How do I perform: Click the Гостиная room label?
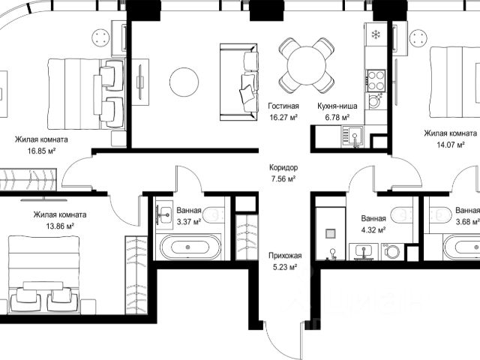[x=283, y=106]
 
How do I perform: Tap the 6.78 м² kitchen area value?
[x=337, y=117]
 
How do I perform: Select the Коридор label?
[x=283, y=167]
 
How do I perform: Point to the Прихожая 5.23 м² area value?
[x=285, y=267]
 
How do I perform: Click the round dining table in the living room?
[x=307, y=66]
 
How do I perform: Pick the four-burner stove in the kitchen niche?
[x=376, y=80]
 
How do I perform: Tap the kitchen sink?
[x=353, y=136]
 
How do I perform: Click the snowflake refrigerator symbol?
[x=376, y=34]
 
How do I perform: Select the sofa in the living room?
[x=238, y=82]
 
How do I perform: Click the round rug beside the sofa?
[x=184, y=82]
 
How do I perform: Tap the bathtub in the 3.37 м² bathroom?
[x=190, y=247]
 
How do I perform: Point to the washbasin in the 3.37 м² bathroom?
[x=164, y=214]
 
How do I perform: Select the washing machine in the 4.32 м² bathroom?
[x=391, y=252]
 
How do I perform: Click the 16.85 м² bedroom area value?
[x=42, y=151]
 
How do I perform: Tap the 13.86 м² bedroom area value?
[x=60, y=226]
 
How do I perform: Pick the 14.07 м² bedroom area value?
[x=450, y=145]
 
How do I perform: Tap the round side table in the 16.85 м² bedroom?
[x=100, y=37]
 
